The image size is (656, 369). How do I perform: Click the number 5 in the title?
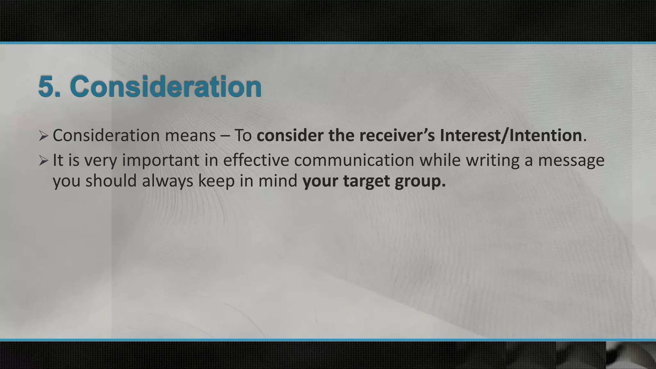[47, 87]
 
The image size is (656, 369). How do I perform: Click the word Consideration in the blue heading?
[166, 87]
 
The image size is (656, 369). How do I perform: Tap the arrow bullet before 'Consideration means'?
[43, 136]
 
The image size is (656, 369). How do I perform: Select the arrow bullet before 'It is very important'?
[43, 160]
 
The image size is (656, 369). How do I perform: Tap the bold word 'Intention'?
[545, 136]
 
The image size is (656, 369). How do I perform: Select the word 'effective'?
[256, 160]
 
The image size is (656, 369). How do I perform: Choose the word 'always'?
[168, 181]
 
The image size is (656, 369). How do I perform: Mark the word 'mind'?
[278, 181]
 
